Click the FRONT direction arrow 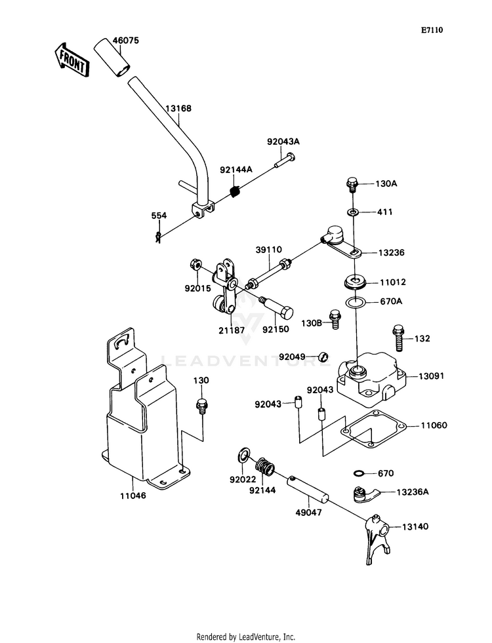[70, 60]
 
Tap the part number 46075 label [125, 40]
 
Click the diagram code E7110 [432, 30]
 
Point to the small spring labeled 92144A [235, 191]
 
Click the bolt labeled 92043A [284, 161]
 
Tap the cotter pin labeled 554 [158, 237]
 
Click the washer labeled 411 [353, 212]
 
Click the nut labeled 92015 [195, 265]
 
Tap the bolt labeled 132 [398, 338]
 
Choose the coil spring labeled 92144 [264, 467]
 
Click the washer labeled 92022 [243, 454]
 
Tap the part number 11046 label [133, 496]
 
